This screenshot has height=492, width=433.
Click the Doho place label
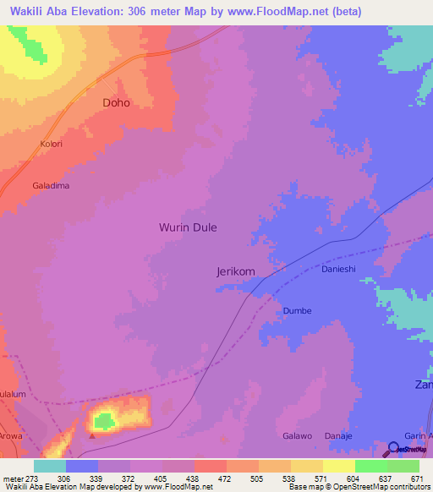tap(117, 102)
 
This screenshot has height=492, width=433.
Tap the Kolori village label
tap(52, 145)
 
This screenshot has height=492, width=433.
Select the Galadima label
tap(51, 185)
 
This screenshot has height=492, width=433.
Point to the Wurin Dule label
tap(188, 227)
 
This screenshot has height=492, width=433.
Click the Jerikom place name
tap(236, 271)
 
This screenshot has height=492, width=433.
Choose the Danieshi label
tap(339, 269)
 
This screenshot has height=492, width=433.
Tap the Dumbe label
tap(297, 310)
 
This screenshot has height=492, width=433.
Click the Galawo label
tap(297, 436)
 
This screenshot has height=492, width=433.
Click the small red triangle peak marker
tap(92, 437)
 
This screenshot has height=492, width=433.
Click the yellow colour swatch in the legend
tap(338, 466)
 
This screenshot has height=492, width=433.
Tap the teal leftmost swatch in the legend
tap(50, 466)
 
